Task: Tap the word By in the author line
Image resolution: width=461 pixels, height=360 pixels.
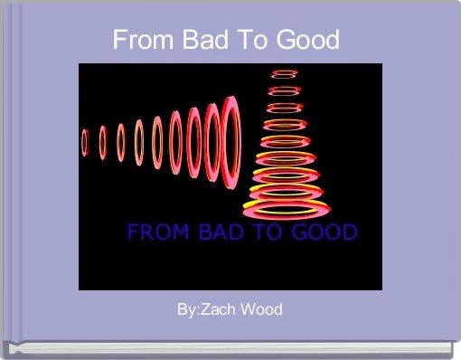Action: coord(187,309)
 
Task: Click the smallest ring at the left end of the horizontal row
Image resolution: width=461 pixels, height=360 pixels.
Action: coord(85,142)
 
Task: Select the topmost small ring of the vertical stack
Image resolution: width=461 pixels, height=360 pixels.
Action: coord(286,72)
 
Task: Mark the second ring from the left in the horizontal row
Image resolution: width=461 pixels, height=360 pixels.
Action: coord(103,142)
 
